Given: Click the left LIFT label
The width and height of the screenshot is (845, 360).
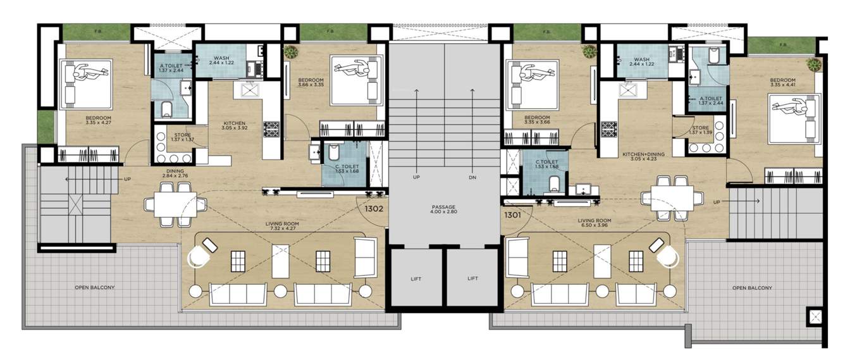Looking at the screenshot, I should coord(415,278).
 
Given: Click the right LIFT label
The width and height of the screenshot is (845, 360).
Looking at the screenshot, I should coord(472,278).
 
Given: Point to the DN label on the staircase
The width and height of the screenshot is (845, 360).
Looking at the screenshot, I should coord(472,177).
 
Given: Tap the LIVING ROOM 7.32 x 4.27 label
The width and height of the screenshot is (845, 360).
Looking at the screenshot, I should coord(282,227).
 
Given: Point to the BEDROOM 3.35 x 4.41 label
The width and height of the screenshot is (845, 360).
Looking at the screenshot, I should coord(782,82).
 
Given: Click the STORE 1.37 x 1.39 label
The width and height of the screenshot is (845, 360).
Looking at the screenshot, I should coord(701,130).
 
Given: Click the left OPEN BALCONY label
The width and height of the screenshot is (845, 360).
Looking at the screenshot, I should coord(95,287).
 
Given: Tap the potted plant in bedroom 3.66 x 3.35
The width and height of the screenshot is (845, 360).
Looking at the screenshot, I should coord(292,52).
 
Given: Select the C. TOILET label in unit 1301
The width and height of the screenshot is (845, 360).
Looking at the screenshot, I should coord(546,164).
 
